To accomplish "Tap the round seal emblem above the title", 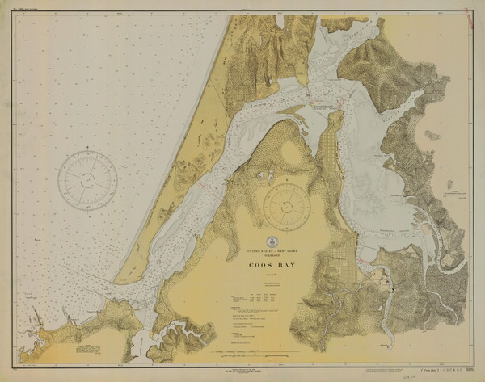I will tap(272, 241).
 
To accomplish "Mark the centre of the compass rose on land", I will tap(287, 206).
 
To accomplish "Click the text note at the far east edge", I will tap(455, 194).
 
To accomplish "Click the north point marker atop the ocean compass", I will tap(87, 149).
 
